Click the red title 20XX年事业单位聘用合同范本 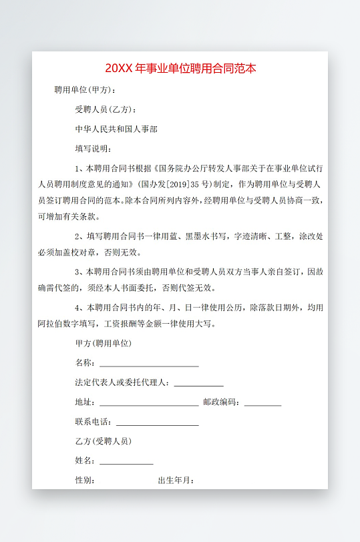180,69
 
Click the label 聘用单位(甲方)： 85,90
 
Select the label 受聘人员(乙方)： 107,109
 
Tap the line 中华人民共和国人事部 117,129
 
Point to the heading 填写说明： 94,148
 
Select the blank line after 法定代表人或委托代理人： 198,385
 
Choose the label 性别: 85,481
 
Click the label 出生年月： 176,481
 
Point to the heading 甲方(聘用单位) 104,344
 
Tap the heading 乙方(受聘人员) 104,441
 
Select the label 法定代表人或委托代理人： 124,383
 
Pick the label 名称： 86,364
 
